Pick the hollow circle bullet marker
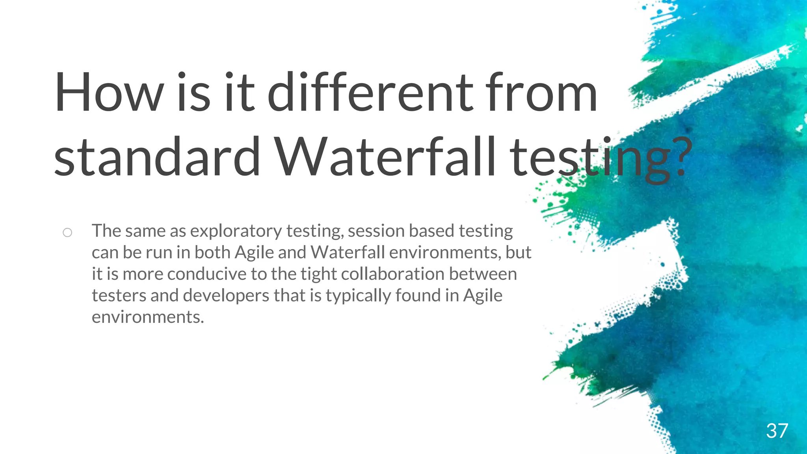(x=67, y=233)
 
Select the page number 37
(x=777, y=431)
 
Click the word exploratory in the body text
(x=236, y=231)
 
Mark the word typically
(x=358, y=296)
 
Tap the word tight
(x=318, y=274)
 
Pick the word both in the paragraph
(x=212, y=253)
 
